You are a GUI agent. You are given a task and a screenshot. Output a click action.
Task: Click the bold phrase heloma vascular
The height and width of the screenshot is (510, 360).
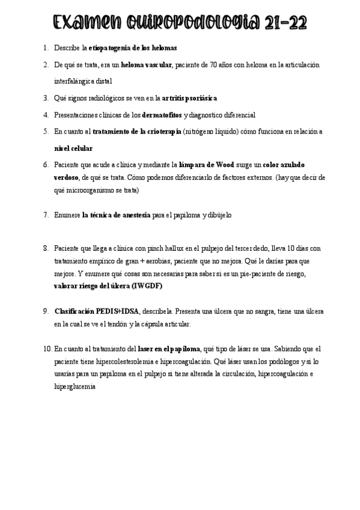tap(147, 64)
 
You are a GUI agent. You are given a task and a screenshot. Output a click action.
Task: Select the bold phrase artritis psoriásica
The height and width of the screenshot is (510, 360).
tap(189, 97)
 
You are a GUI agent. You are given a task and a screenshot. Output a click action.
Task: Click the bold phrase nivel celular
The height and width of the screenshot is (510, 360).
tap(73, 148)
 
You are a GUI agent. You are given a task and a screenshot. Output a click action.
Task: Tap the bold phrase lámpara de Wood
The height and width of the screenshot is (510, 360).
tap(206, 164)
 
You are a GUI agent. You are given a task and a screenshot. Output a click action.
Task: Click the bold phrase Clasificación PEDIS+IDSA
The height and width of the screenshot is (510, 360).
tap(97, 311)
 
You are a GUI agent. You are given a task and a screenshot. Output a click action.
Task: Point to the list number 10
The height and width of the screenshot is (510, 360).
tap(47, 348)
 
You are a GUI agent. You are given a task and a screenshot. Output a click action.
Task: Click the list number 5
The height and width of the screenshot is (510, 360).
tap(46, 131)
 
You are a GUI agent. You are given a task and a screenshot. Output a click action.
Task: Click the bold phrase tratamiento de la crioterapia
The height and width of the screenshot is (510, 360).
tap(137, 131)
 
